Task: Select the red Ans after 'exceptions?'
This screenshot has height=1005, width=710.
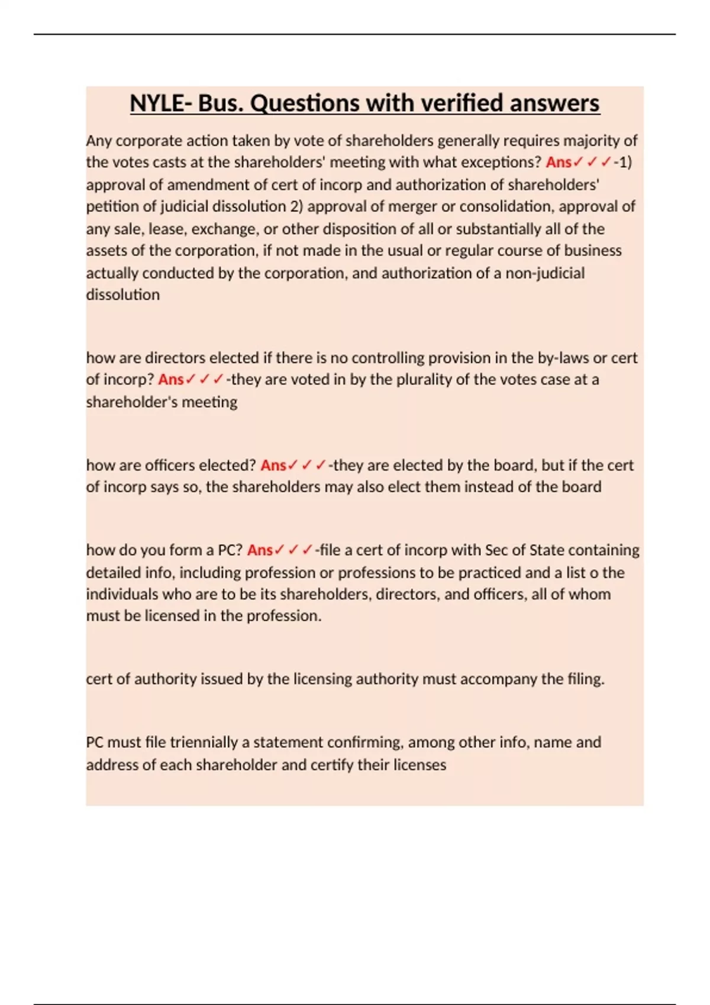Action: [559, 162]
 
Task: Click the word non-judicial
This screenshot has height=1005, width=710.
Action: [544, 273]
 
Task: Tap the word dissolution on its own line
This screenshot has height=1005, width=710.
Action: [122, 294]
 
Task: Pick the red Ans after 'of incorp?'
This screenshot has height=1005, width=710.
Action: [171, 380]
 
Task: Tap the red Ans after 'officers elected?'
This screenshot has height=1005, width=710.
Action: [273, 465]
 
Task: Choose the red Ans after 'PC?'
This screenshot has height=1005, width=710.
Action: [260, 550]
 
